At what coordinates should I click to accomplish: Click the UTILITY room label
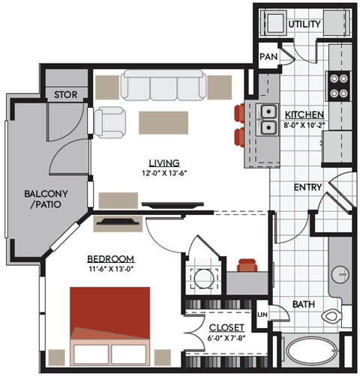coord(304,25)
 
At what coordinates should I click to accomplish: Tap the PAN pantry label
coord(267,57)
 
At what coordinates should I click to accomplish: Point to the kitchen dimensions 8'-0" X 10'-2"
coord(304,125)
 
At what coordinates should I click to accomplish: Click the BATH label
coord(304,304)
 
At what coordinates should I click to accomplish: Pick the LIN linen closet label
coord(263,315)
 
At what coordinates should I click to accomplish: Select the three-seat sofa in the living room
coord(164,86)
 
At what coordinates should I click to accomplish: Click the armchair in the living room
coord(111,121)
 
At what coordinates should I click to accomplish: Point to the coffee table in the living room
coord(163,122)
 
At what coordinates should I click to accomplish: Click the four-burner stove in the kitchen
coord(339,85)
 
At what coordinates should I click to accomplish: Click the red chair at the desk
coord(247,265)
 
